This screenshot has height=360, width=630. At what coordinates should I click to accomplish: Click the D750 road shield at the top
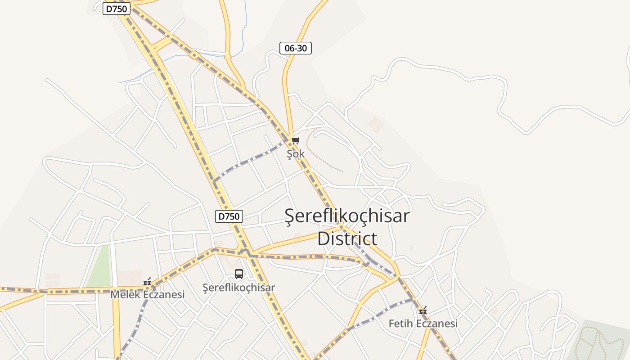(x=117, y=9)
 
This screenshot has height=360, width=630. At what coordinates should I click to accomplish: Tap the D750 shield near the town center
(x=229, y=216)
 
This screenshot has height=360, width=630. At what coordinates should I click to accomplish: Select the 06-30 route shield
(x=296, y=48)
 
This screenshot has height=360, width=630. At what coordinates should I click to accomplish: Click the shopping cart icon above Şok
(x=296, y=141)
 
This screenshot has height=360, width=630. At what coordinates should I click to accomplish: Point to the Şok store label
(x=296, y=154)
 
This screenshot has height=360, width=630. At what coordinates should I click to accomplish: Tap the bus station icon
(x=239, y=274)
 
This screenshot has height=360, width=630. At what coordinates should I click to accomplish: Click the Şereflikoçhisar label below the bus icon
(x=238, y=288)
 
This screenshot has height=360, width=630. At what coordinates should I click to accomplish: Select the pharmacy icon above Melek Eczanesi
(x=147, y=282)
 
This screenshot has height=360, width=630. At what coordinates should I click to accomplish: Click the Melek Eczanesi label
(x=148, y=295)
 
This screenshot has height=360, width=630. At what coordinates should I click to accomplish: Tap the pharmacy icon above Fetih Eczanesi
(x=423, y=310)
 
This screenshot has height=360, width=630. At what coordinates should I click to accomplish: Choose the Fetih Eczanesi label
(x=423, y=324)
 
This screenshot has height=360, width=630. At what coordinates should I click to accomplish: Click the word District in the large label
(x=347, y=238)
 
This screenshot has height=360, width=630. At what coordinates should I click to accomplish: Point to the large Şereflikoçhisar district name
(x=347, y=216)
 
